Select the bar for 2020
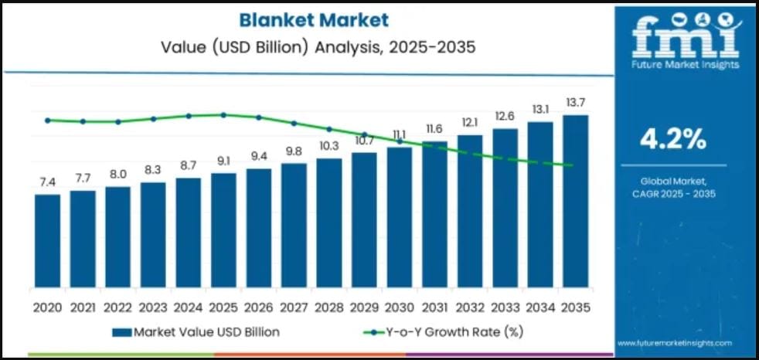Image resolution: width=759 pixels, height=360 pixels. click(x=47, y=239)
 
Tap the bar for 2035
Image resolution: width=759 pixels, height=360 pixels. click(x=575, y=201)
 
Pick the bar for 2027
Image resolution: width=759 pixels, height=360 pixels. click(x=294, y=224)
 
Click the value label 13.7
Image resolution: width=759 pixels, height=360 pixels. click(x=575, y=103)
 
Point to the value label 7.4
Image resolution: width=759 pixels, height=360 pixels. click(x=47, y=182)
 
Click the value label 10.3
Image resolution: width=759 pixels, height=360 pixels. click(x=328, y=145)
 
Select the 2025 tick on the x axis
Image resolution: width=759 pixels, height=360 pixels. click(x=223, y=307)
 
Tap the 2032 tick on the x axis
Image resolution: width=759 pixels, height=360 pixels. click(x=469, y=307)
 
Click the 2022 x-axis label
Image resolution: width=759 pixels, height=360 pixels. click(x=117, y=307)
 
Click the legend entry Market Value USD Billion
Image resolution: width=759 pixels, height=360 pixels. click(x=196, y=332)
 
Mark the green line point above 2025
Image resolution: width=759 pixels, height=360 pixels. click(x=223, y=114)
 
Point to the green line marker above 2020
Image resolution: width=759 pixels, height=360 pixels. click(x=47, y=120)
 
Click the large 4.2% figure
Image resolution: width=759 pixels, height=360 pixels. click(x=672, y=139)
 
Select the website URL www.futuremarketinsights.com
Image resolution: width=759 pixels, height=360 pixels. click(x=674, y=341)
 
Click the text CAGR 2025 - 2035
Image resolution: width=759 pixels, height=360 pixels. click(x=672, y=193)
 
